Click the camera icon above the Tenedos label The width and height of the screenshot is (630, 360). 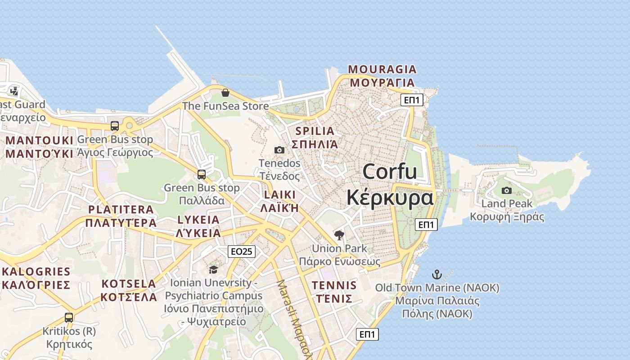pyautogui.click(x=279, y=150)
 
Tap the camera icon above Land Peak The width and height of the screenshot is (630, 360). pyautogui.click(x=507, y=190)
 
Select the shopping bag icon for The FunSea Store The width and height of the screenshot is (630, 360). pyautogui.click(x=225, y=93)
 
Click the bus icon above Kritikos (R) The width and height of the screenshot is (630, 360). pyautogui.click(x=69, y=317)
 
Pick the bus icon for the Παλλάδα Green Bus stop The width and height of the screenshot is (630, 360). pyautogui.click(x=202, y=174)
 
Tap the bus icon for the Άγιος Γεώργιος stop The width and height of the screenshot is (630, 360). pyautogui.click(x=115, y=126)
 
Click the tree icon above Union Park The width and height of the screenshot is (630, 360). pyautogui.click(x=339, y=235)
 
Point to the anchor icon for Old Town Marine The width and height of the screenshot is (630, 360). pyautogui.click(x=436, y=274)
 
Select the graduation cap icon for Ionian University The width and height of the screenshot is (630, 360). pyautogui.click(x=213, y=270)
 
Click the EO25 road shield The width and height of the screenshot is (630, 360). pyautogui.click(x=242, y=252)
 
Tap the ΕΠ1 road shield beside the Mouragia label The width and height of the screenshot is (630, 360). pyautogui.click(x=412, y=100)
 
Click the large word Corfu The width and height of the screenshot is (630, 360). pyautogui.click(x=390, y=172)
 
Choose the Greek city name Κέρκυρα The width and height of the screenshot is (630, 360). pyautogui.click(x=390, y=198)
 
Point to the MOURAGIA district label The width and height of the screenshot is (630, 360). pyautogui.click(x=382, y=69)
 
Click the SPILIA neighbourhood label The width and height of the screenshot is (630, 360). pyautogui.click(x=315, y=131)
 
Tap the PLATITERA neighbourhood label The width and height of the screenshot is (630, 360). pyautogui.click(x=121, y=210)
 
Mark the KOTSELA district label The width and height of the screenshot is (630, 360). pyautogui.click(x=129, y=284)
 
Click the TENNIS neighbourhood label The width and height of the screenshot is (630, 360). pyautogui.click(x=334, y=285)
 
